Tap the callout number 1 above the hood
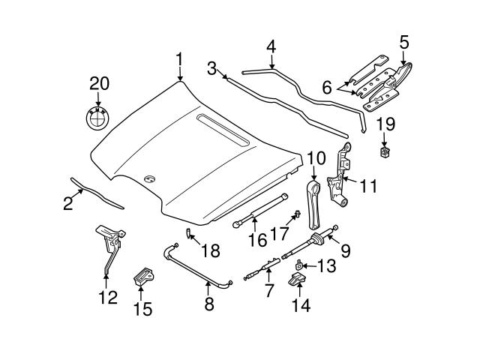[179, 59]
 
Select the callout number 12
[108, 298]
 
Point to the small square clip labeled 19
[385, 154]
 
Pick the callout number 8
[209, 304]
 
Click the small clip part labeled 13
[298, 264]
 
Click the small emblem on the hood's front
[149, 178]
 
